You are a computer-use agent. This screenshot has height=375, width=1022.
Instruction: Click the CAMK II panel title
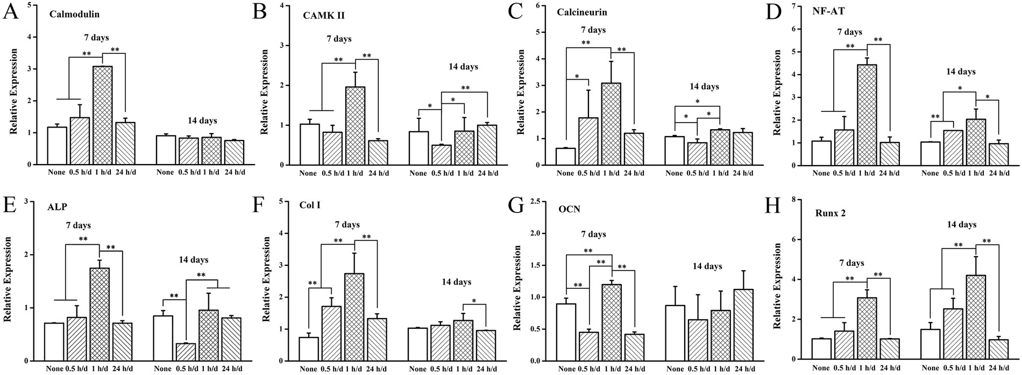(x=323, y=16)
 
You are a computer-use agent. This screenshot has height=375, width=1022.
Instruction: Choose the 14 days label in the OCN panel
(x=707, y=266)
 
